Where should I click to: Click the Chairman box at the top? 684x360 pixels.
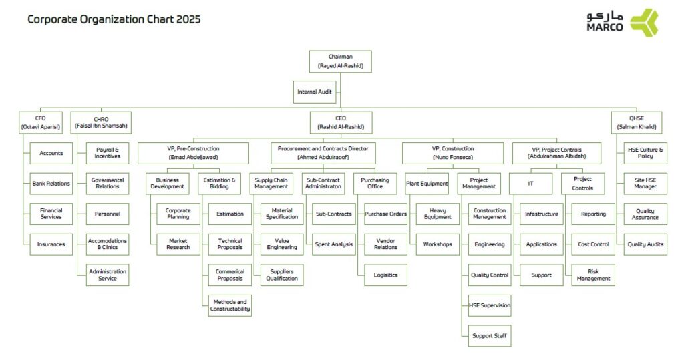[x=340, y=61]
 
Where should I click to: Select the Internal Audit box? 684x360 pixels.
[x=315, y=92]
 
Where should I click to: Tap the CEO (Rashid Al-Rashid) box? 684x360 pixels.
[x=341, y=123]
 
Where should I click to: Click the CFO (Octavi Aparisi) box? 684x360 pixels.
[x=41, y=123]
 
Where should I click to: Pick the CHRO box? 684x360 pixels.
[x=101, y=123]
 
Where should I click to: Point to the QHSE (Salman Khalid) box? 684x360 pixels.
[x=637, y=123]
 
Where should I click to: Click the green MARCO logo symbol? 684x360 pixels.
[x=645, y=22]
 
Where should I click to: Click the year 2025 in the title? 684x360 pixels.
[x=188, y=19]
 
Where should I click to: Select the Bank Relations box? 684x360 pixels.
[x=51, y=184]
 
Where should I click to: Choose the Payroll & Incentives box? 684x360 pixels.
[x=108, y=153]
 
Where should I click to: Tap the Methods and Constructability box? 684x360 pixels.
[x=230, y=305]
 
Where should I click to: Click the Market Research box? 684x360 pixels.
[x=178, y=244]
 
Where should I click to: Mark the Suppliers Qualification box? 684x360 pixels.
[x=282, y=275]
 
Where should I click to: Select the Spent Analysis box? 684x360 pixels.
[x=334, y=244]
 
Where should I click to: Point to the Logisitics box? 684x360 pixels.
[x=385, y=275]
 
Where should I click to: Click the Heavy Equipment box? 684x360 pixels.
[x=438, y=214]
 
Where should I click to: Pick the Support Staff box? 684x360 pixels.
[x=490, y=336]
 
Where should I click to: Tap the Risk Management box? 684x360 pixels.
[x=593, y=275]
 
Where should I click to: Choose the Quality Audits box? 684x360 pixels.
[x=645, y=244]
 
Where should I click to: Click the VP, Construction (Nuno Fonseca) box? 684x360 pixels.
[x=453, y=153]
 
